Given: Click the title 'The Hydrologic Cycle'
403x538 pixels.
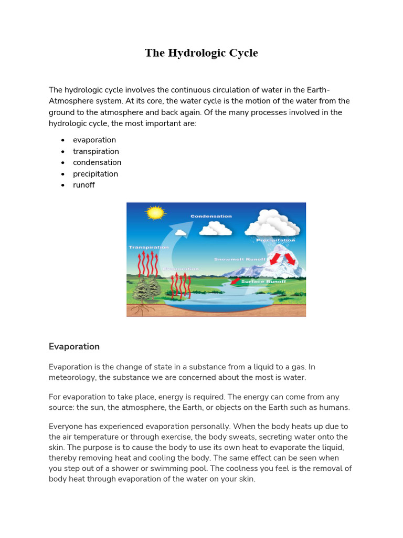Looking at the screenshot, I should (201, 53).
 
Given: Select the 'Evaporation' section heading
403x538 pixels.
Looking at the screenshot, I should (74, 347).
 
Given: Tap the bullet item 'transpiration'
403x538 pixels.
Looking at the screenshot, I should (96, 151).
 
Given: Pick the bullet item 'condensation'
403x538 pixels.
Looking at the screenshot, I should (97, 162).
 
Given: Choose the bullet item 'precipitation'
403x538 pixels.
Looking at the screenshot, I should (95, 174).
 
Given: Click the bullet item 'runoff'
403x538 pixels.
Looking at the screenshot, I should (83, 185).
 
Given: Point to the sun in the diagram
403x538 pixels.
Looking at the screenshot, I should (155, 213).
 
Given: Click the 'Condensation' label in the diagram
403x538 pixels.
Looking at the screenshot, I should (211, 216).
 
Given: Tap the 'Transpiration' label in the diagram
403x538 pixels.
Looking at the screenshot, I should (149, 247).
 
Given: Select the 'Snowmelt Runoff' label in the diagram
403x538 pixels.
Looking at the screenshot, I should (240, 259).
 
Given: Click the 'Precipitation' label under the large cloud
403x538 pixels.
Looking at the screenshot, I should (275, 240).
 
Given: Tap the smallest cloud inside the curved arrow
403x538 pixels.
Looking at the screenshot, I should (180, 232).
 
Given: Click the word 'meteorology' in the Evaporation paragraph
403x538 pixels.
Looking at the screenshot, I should (73, 378).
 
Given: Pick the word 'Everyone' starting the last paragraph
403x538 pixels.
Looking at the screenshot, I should (65, 426).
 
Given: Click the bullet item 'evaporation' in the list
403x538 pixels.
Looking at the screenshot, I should (94, 140).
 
